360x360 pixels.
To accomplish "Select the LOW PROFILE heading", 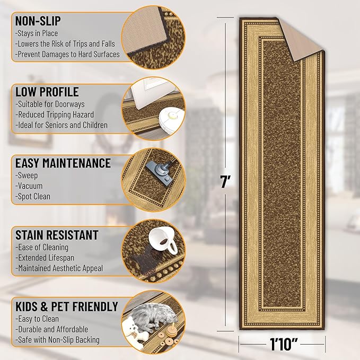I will [47, 92].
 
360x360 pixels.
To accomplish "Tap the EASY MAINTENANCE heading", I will [63, 163].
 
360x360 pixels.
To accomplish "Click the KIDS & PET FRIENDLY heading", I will [67, 306].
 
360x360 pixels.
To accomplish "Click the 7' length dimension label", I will [225, 182].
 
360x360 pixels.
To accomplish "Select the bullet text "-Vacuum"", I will [30, 186].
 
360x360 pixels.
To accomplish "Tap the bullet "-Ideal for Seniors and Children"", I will [62, 126].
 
